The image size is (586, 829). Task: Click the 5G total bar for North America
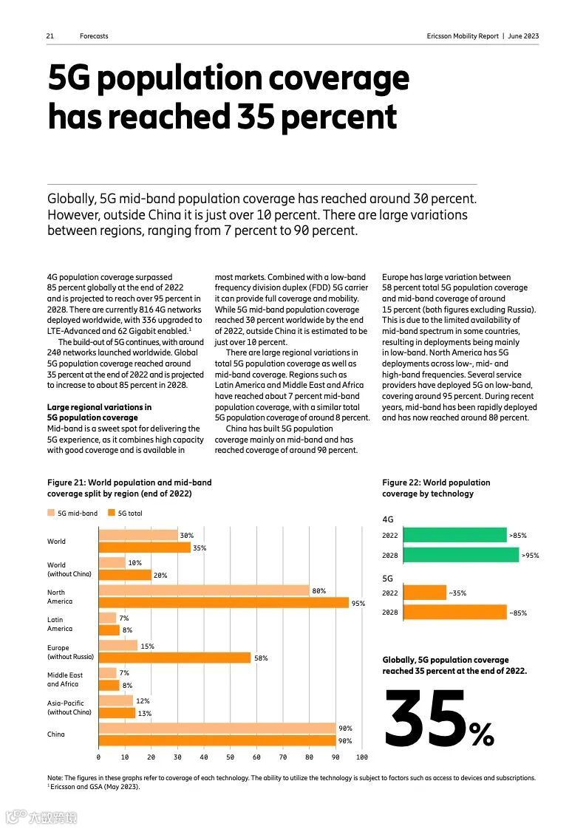(223, 603)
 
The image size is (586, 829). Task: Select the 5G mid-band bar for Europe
(117, 646)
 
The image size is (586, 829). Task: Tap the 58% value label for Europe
(261, 658)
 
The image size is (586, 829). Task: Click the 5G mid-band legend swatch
(51, 513)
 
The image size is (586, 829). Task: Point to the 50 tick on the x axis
(230, 757)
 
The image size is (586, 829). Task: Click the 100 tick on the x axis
(361, 757)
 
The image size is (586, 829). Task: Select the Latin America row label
(60, 624)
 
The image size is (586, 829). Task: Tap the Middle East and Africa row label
(65, 680)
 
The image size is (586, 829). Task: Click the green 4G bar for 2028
(461, 555)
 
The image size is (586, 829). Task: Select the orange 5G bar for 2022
(425, 593)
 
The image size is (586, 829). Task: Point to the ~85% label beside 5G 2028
(517, 613)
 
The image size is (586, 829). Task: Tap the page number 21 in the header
(50, 36)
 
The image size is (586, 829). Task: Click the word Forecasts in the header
(94, 36)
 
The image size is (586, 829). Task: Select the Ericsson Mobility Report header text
(483, 36)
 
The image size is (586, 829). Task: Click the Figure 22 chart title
(435, 488)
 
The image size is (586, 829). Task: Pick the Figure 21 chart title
(129, 488)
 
